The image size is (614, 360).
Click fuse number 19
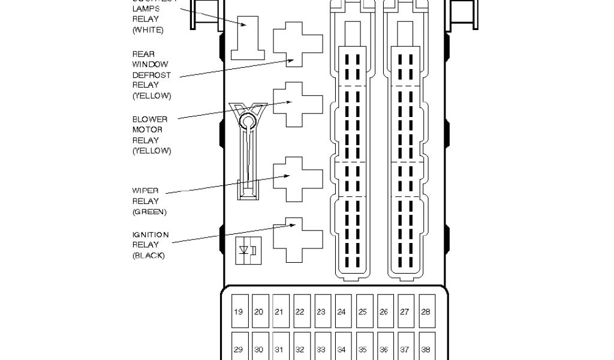(x=239, y=312)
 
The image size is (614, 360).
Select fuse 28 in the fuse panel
(x=426, y=312)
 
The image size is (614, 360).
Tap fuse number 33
(x=321, y=350)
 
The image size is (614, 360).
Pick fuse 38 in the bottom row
(x=426, y=350)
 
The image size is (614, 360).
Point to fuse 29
(x=239, y=350)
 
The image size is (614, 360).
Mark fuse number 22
(x=300, y=312)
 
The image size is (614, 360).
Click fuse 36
(x=384, y=350)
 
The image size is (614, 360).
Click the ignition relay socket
(x=295, y=239)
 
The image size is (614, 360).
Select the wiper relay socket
(x=295, y=179)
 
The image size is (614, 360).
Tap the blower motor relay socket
(x=295, y=104)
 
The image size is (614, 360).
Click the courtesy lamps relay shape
(x=248, y=37)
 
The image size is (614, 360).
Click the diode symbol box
(x=248, y=250)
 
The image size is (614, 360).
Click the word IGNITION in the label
(x=151, y=235)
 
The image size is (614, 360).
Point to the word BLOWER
(x=150, y=119)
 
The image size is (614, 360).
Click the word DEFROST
(x=151, y=76)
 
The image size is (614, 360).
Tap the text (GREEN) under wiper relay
(x=149, y=212)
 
